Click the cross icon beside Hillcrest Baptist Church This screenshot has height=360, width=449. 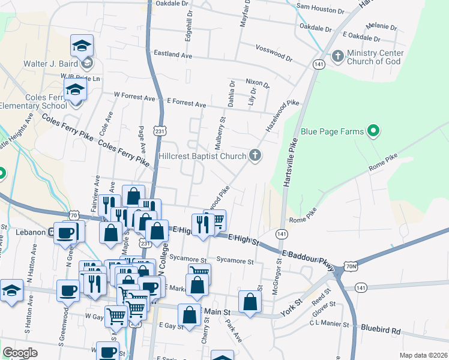tap(255, 156)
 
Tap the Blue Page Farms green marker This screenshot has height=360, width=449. tap(373, 131)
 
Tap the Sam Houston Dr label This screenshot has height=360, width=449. tap(321, 10)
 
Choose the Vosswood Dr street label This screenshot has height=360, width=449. tap(273, 53)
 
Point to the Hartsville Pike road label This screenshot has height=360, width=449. tap(291, 161)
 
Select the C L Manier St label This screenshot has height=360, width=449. tap(329, 325)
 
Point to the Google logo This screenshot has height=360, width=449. tap(20, 353)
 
